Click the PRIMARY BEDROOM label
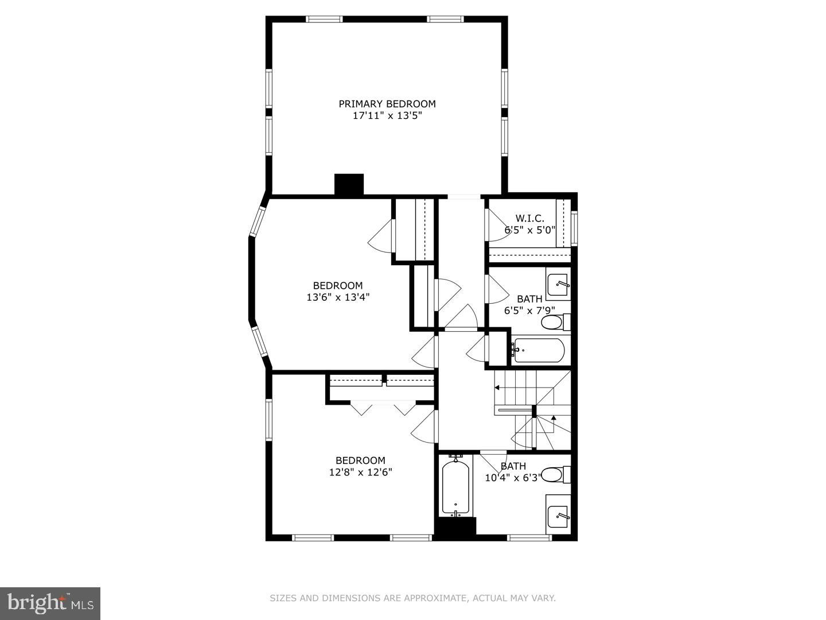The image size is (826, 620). (x=387, y=103)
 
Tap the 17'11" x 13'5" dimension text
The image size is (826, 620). (x=387, y=115)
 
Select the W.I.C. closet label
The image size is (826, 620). (x=529, y=218)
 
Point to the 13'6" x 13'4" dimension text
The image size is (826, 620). (x=338, y=297)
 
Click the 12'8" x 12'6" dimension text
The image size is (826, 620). (x=360, y=472)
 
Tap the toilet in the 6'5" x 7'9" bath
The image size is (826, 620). (x=556, y=322)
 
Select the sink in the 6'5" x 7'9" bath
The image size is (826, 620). (x=558, y=284)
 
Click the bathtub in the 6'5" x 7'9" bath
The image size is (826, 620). (x=539, y=350)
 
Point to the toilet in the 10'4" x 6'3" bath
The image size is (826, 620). (x=556, y=475)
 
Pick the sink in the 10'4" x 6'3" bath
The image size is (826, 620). (x=558, y=514)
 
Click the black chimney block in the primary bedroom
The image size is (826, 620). (x=349, y=184)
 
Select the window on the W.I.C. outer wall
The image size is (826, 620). (x=574, y=228)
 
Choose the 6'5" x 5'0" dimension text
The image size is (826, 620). (x=530, y=230)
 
